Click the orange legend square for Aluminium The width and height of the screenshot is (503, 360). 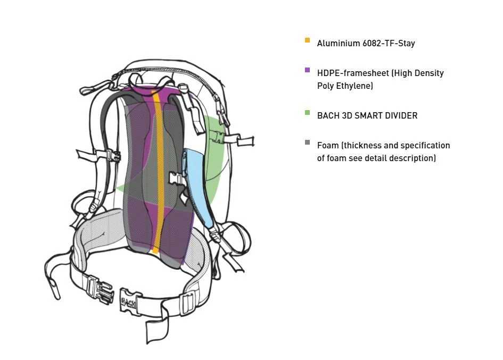point(307,40)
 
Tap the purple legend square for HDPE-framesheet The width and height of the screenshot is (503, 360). point(307,70)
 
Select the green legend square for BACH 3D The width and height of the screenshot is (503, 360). point(307,113)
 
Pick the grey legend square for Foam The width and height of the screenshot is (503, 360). point(307,143)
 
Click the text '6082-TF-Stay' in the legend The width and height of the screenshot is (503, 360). point(389,44)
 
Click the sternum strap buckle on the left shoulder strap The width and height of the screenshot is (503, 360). point(113,156)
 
